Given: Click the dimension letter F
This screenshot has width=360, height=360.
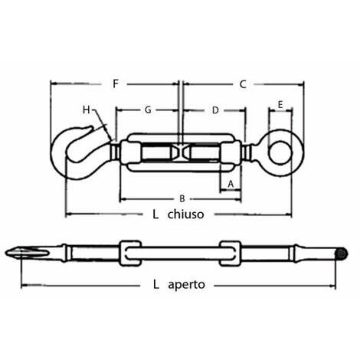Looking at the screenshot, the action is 116,83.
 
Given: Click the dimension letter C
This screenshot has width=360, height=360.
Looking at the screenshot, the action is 243,84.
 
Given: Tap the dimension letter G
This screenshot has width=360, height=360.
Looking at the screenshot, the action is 148,110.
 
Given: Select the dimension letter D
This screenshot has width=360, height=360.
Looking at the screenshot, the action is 215,110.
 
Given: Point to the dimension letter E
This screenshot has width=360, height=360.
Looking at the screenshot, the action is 280,105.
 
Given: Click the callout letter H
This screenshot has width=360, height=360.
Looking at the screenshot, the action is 87,110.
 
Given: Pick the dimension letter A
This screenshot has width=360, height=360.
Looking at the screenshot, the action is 231,184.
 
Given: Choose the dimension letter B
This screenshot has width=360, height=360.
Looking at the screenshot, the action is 182,198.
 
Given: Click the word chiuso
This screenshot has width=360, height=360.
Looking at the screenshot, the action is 185,214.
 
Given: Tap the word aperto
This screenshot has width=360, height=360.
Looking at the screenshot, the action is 186,284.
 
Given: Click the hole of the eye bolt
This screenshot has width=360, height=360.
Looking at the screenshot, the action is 280,152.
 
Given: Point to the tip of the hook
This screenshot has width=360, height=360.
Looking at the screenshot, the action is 91,127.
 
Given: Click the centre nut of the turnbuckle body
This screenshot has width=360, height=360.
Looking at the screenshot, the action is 181,151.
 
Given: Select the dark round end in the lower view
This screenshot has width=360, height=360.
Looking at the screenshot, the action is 342,254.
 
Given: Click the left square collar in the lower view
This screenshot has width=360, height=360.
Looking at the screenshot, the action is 130,254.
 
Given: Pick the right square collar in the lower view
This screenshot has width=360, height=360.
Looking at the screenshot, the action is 230,254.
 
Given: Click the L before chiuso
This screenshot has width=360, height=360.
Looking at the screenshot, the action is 155,214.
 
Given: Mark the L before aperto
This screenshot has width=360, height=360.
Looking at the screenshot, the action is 156,284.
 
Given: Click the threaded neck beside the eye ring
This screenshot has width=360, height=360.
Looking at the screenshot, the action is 246,152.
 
